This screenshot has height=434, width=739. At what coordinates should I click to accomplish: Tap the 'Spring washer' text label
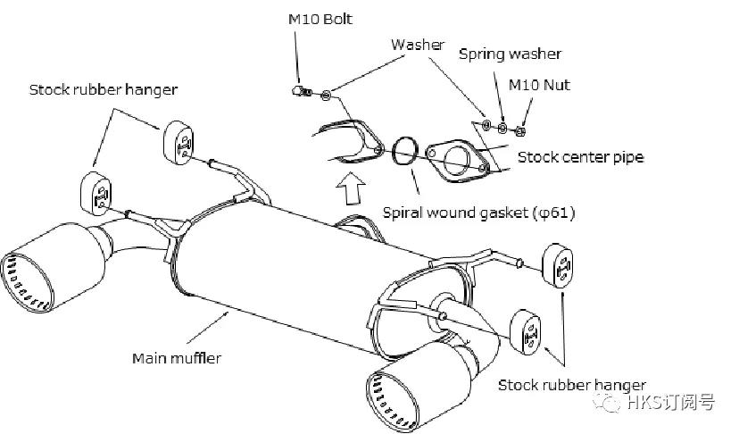pyautogui.click(x=510, y=54)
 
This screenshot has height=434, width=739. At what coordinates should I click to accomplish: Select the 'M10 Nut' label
pyautogui.click(x=539, y=85)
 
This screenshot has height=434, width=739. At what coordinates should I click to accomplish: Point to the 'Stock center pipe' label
pyautogui.click(x=580, y=157)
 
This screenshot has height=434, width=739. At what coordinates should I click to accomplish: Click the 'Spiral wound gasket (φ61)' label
pyautogui.click(x=478, y=213)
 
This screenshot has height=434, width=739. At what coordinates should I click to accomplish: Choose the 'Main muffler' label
pyautogui.click(x=177, y=358)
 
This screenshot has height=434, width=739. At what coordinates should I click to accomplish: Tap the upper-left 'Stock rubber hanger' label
pyautogui.click(x=103, y=89)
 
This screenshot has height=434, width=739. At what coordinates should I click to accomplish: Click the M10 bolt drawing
pyautogui.click(x=303, y=89)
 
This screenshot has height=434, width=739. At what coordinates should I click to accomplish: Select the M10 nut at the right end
pyautogui.click(x=522, y=133)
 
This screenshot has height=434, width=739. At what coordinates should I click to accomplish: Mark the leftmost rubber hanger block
pyautogui.click(x=97, y=191)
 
